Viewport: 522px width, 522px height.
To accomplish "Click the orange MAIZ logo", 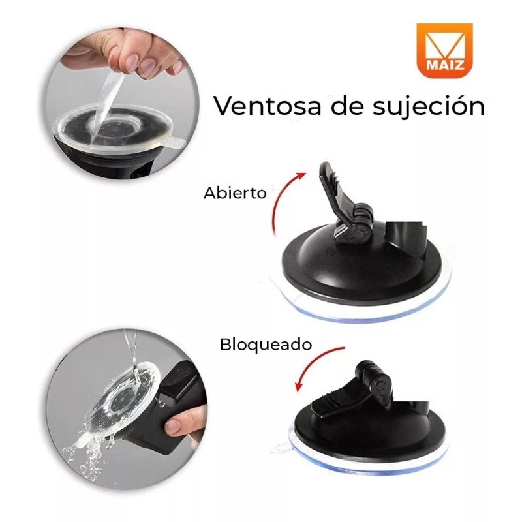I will coord(445,50).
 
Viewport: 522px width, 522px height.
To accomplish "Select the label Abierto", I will coord(234,193).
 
